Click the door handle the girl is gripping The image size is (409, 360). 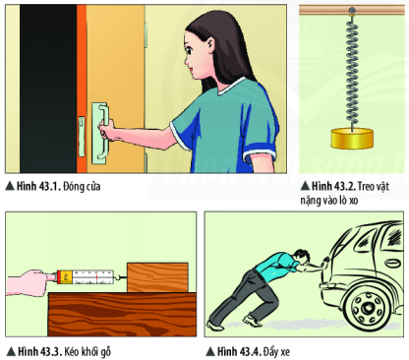click(x=100, y=133)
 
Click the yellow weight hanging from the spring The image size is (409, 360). click(x=352, y=138)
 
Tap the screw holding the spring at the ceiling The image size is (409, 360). click(x=352, y=11)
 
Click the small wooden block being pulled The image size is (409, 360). click(x=157, y=277)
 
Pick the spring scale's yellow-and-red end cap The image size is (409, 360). click(x=65, y=277)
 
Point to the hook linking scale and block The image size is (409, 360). click(x=120, y=278)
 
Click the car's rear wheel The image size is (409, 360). click(x=367, y=307)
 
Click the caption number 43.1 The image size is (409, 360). click(x=49, y=186)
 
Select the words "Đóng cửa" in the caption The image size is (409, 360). click(x=82, y=186)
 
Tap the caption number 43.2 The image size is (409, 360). click(x=344, y=186)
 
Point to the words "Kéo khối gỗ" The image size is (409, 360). click(x=88, y=352)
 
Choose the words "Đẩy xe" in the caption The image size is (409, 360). click(x=276, y=352)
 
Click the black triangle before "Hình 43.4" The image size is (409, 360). click(x=210, y=352)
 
